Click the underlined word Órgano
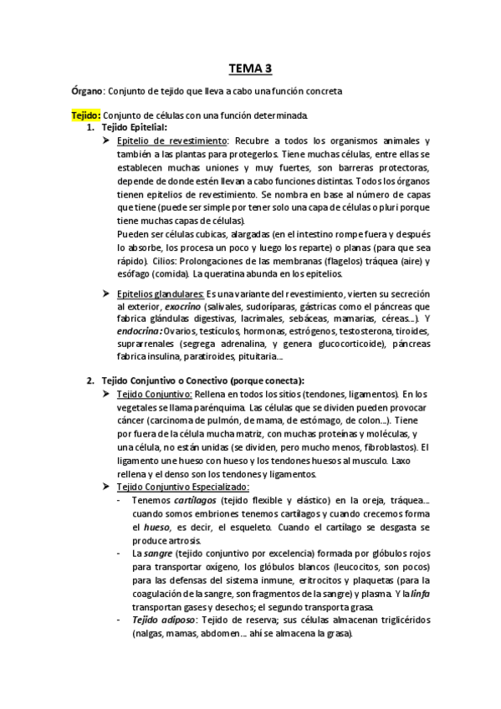coord(87,90)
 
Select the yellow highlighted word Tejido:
coord(86,115)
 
